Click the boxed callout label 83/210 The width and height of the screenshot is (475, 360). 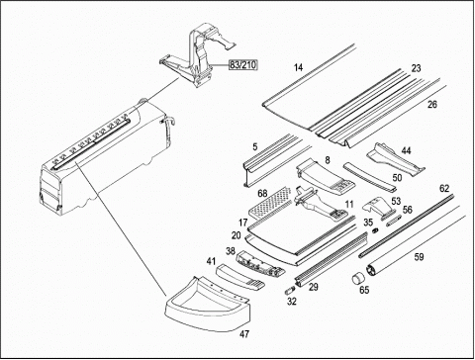[x=243, y=65]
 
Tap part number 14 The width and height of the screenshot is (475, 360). [x=298, y=67]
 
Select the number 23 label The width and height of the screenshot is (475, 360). [x=417, y=68]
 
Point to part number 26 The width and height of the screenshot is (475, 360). [x=432, y=105]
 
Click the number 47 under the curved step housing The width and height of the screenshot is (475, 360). [x=244, y=334]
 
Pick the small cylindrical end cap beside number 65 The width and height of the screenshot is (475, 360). [x=357, y=278]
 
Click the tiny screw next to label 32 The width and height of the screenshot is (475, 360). [x=289, y=291]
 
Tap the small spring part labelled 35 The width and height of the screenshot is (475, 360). [x=375, y=230]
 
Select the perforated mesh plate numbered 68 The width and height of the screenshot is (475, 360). [x=270, y=203]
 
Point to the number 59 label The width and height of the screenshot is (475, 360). [x=419, y=256]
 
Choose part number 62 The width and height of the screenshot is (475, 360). [x=444, y=189]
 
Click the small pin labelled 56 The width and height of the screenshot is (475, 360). [x=393, y=221]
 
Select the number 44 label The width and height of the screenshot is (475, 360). [x=406, y=150]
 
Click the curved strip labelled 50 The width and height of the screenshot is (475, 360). [x=369, y=176]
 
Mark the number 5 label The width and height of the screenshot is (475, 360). [x=255, y=146]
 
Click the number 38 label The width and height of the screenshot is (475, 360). [x=231, y=251]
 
